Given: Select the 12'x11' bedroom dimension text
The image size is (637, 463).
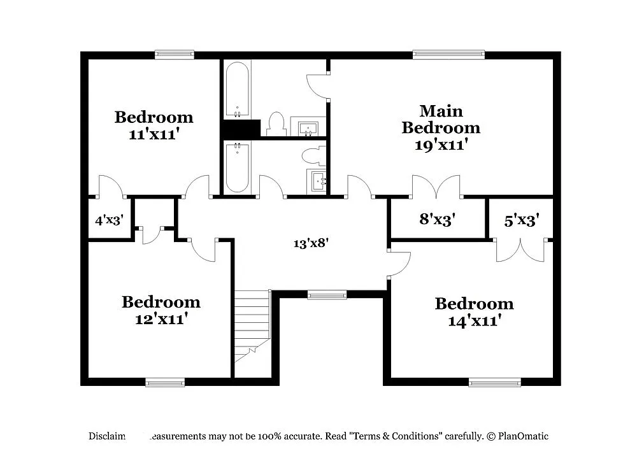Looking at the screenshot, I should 161,318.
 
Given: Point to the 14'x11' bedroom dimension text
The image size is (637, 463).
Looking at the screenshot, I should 474,320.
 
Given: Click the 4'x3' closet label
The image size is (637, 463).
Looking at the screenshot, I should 109,221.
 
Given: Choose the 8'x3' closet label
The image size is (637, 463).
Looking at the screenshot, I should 437,220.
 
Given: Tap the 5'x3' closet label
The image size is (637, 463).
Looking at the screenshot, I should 522,220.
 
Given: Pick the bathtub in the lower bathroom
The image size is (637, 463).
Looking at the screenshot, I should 237,166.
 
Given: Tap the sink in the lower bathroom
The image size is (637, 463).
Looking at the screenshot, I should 317,181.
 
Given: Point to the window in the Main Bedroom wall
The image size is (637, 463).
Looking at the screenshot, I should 448,55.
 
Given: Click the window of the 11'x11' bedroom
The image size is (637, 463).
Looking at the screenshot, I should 175,55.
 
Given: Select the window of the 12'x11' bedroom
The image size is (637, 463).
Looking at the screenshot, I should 165,382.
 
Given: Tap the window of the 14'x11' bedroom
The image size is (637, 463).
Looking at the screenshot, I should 494,382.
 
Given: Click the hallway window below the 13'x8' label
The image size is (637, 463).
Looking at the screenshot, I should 327,294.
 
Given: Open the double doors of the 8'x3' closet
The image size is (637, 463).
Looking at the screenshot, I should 436,187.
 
